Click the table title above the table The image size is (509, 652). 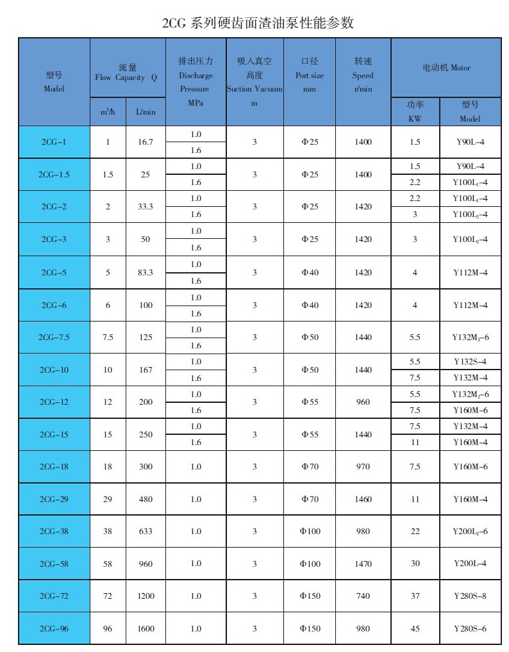pos(258,23)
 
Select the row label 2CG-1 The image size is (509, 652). pos(54,142)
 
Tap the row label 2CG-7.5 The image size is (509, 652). pos(54,337)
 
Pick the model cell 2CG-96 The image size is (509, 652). pos(54,628)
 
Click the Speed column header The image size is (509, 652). pos(363,75)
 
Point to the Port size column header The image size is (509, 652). pos(310,75)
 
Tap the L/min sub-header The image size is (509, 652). pos(146,111)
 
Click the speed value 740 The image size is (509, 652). pos(363,596)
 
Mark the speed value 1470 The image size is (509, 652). pos(363,564)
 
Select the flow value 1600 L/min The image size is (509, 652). pos(146,628)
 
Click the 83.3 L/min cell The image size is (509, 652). pos(146,272)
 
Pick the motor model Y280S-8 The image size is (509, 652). pos(470,596)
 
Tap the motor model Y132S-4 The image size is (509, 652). pos(470,362)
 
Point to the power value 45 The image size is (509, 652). pos(415,628)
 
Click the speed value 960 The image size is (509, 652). pos(363,402)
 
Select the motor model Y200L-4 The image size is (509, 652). pos(470,564)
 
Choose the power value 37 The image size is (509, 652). pos(415,596)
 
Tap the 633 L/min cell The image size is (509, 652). pos(146,531)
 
